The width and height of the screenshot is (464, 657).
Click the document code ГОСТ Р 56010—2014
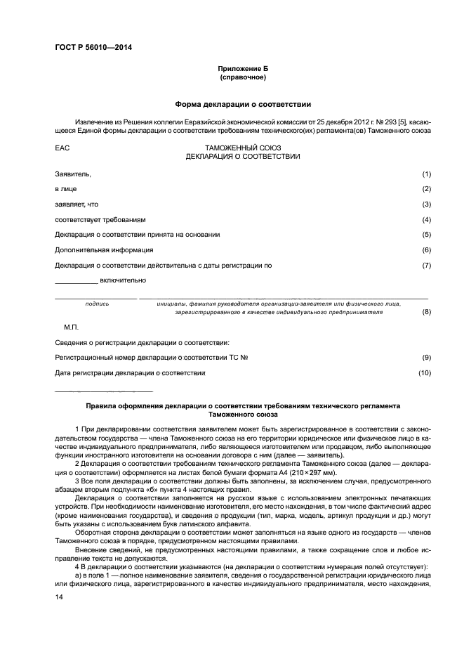93,48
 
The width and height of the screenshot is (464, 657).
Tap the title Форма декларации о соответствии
243,104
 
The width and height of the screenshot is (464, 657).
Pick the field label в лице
66,189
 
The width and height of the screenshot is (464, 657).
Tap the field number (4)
426,220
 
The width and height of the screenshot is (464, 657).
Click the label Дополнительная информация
104,250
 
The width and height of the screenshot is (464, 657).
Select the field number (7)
426,266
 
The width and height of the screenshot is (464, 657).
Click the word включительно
123,280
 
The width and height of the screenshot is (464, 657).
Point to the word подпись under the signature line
97,304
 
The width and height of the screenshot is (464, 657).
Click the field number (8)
426,311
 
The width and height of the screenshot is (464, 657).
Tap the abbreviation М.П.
72,327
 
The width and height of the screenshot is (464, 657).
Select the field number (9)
426,358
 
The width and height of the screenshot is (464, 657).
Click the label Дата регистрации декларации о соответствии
130,372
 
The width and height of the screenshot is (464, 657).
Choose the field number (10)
425,372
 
